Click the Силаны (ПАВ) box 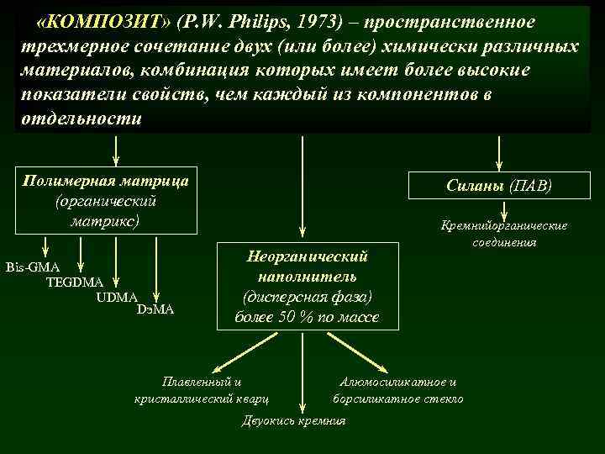click(x=499, y=185)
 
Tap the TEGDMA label click(x=75, y=282)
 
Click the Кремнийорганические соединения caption click(x=504, y=234)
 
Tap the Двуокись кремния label click(x=292, y=420)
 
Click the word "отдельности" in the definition click(x=81, y=119)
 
